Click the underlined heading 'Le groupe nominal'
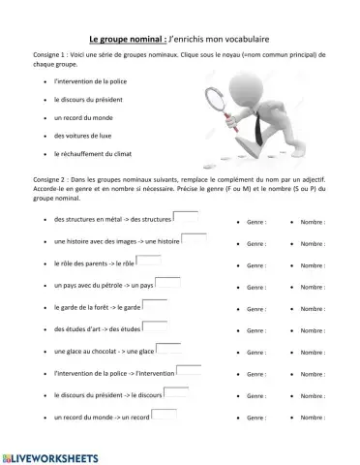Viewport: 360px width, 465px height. pos(127,40)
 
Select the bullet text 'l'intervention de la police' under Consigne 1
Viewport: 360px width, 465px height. pos(97,81)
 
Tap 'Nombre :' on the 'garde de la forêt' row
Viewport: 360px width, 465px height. pos(313,309)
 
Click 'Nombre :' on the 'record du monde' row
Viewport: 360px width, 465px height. pos(313,418)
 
